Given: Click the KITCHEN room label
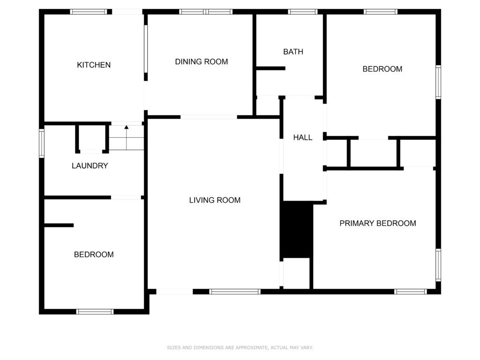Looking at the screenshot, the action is click(94, 65).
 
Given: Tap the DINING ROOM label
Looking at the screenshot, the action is click(202, 61).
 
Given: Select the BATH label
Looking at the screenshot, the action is click(293, 52).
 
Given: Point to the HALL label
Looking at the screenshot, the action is click(303, 137).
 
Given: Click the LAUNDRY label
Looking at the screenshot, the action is click(90, 165).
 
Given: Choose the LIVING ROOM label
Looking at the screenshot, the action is click(215, 200).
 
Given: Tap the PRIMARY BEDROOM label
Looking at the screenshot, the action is click(378, 223).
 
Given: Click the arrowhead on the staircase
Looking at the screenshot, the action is click(127, 127).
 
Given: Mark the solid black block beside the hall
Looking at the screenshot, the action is click(296, 229).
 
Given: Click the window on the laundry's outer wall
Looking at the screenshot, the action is click(42, 143).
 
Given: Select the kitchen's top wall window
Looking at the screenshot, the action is click(89, 12).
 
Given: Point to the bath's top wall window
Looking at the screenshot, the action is click(302, 12).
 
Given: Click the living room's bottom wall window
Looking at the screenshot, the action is click(235, 292).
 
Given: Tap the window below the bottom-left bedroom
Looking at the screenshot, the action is click(95, 312).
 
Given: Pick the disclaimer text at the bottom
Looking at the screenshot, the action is click(240, 347).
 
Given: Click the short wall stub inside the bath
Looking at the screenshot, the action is click(270, 68).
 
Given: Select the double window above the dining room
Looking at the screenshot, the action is click(206, 12).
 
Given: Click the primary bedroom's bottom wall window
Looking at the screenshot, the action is click(410, 292).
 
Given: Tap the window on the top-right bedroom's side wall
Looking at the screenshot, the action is click(438, 82).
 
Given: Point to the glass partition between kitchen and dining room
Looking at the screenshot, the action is click(146, 49).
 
